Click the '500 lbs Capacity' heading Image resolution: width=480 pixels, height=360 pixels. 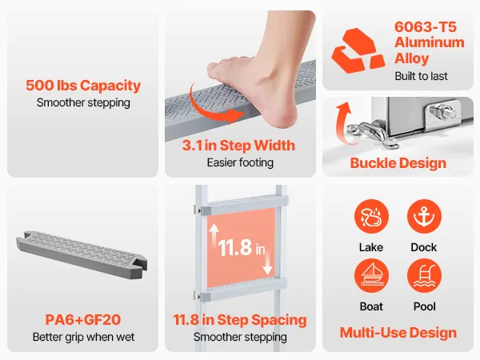(x=83, y=86)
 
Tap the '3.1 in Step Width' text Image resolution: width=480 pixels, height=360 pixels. (x=238, y=146)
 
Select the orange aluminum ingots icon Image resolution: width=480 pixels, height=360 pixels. (x=358, y=50)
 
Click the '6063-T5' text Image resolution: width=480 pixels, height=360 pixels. (x=426, y=27)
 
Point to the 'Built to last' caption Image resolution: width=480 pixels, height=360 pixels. (x=422, y=76)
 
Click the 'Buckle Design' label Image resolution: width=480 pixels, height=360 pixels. (x=398, y=163)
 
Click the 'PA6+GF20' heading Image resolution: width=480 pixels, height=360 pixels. (x=83, y=320)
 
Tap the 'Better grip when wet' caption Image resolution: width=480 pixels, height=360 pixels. (x=83, y=337)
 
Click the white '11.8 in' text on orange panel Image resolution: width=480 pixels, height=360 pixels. (x=242, y=247)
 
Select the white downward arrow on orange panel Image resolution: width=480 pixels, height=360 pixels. (x=267, y=262)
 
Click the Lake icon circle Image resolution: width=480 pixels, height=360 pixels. (x=371, y=217)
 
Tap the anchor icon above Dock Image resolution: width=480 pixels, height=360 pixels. (x=424, y=217)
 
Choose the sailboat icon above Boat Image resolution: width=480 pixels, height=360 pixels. (x=371, y=276)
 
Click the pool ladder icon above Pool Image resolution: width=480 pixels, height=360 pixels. (x=424, y=276)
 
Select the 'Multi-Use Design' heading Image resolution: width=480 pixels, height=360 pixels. (x=398, y=333)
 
